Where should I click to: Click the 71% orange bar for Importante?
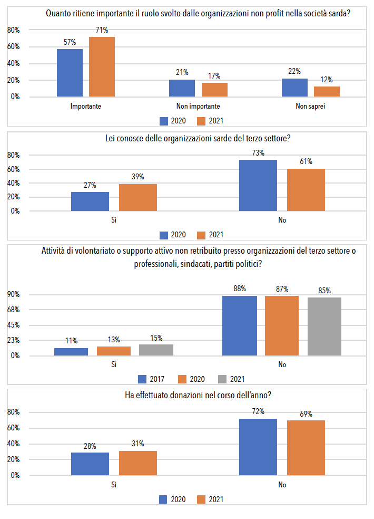point(102,67)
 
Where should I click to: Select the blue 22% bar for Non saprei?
point(294,88)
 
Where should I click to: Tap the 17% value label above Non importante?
point(214,76)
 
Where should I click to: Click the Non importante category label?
point(199,106)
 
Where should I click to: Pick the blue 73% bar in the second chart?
point(258,185)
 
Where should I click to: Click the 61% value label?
point(306,161)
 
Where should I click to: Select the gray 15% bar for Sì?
point(156,350)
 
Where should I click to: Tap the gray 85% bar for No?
point(324,326)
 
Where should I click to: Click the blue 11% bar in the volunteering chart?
point(71,352)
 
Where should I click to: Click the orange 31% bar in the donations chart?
point(138,463)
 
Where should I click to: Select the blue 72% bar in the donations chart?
point(258,447)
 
